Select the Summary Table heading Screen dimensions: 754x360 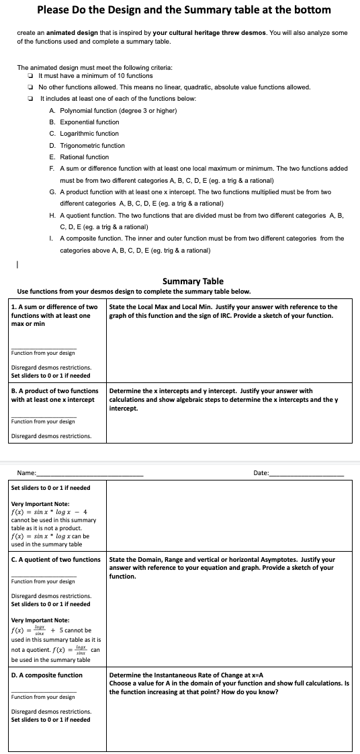point(193,281)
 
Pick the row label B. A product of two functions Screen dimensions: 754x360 point(54,390)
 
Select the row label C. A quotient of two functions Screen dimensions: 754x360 point(56,559)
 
